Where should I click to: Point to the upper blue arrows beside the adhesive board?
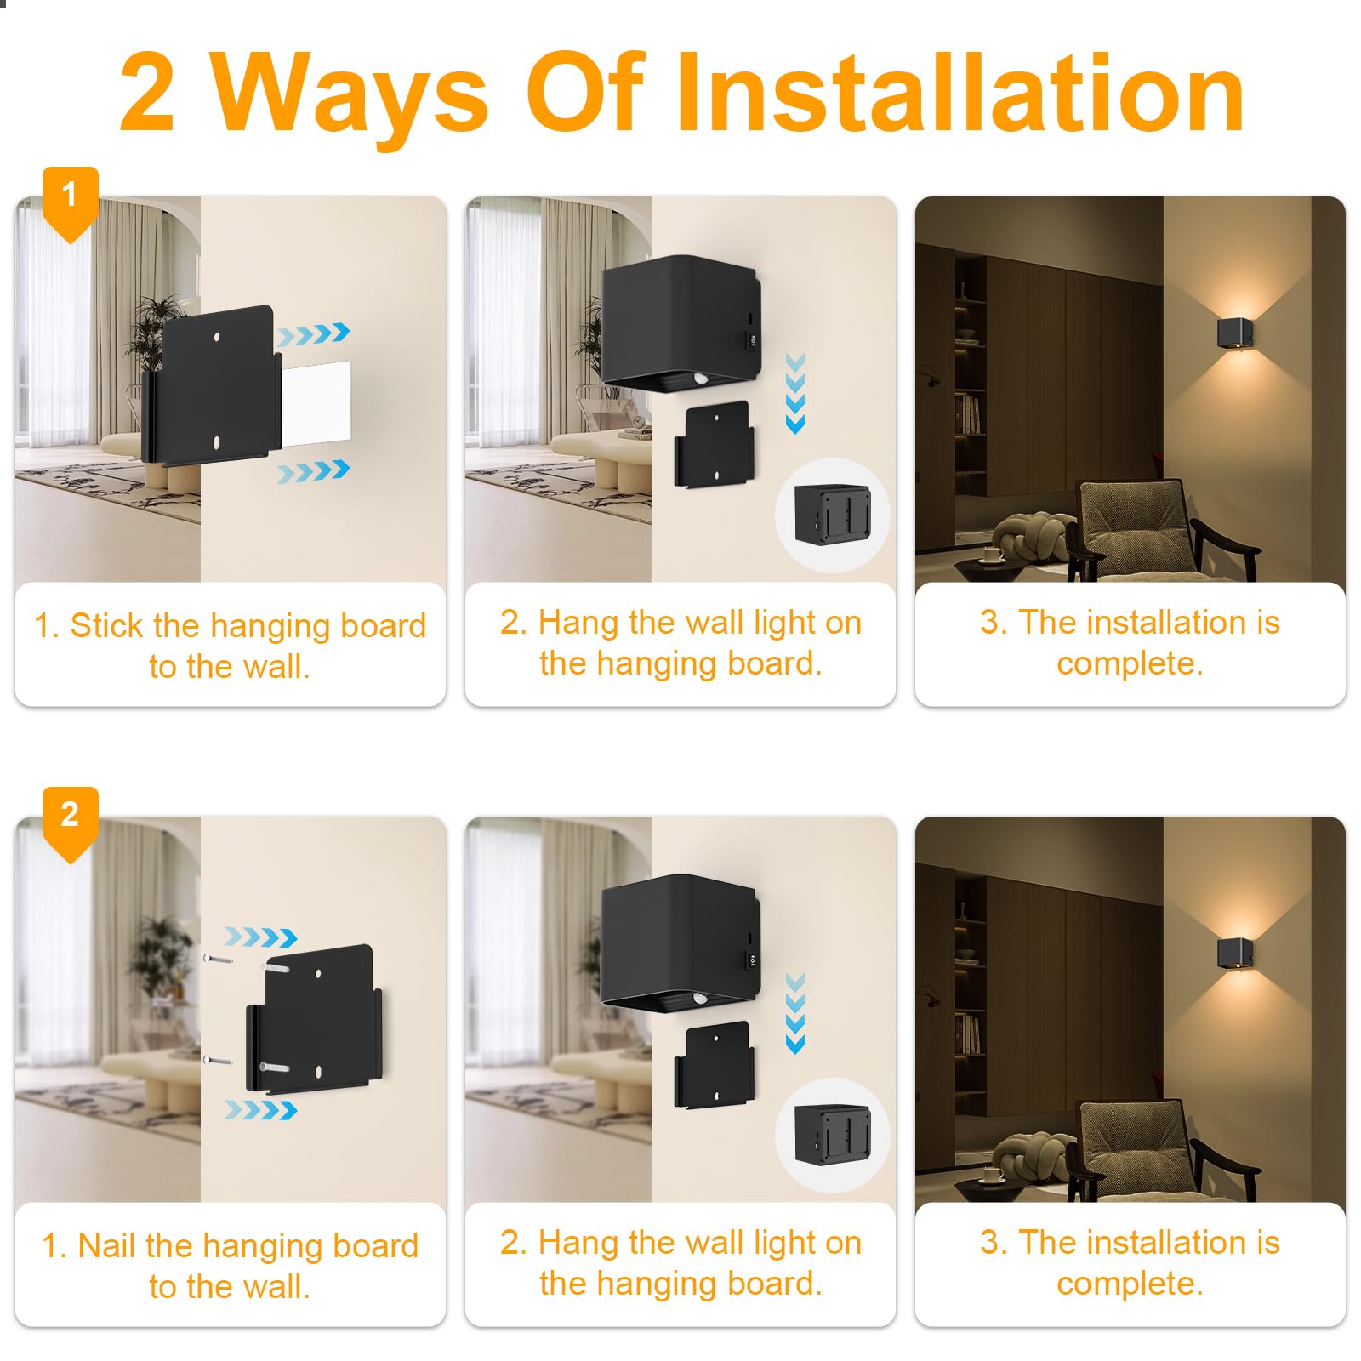(x=314, y=333)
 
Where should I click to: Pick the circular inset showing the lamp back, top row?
(x=833, y=515)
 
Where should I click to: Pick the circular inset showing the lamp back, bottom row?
(x=833, y=1136)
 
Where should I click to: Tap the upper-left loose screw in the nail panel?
(x=219, y=959)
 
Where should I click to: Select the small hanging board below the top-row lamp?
(x=712, y=445)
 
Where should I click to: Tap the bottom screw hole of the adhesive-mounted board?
(x=217, y=443)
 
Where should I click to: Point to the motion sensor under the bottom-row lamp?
(x=700, y=998)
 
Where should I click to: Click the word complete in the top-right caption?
(x=1130, y=663)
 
